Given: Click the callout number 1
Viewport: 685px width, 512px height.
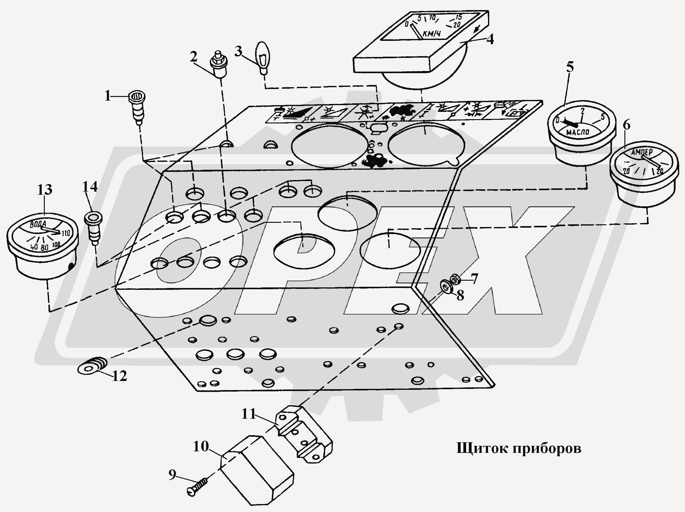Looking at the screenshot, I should pyautogui.click(x=107, y=96).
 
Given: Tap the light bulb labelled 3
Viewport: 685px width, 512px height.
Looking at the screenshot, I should pyautogui.click(x=262, y=57).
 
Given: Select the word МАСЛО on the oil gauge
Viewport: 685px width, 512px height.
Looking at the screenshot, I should pyautogui.click(x=578, y=132).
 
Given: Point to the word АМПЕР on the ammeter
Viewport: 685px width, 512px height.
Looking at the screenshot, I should pyautogui.click(x=642, y=152).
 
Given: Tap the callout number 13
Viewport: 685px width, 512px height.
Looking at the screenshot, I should pyautogui.click(x=44, y=190).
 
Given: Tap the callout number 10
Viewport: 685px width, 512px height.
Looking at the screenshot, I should pyautogui.click(x=201, y=446).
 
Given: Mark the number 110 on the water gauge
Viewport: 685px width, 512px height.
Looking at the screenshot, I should pyautogui.click(x=66, y=233).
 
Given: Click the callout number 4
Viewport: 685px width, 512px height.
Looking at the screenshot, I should pyautogui.click(x=490, y=40).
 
